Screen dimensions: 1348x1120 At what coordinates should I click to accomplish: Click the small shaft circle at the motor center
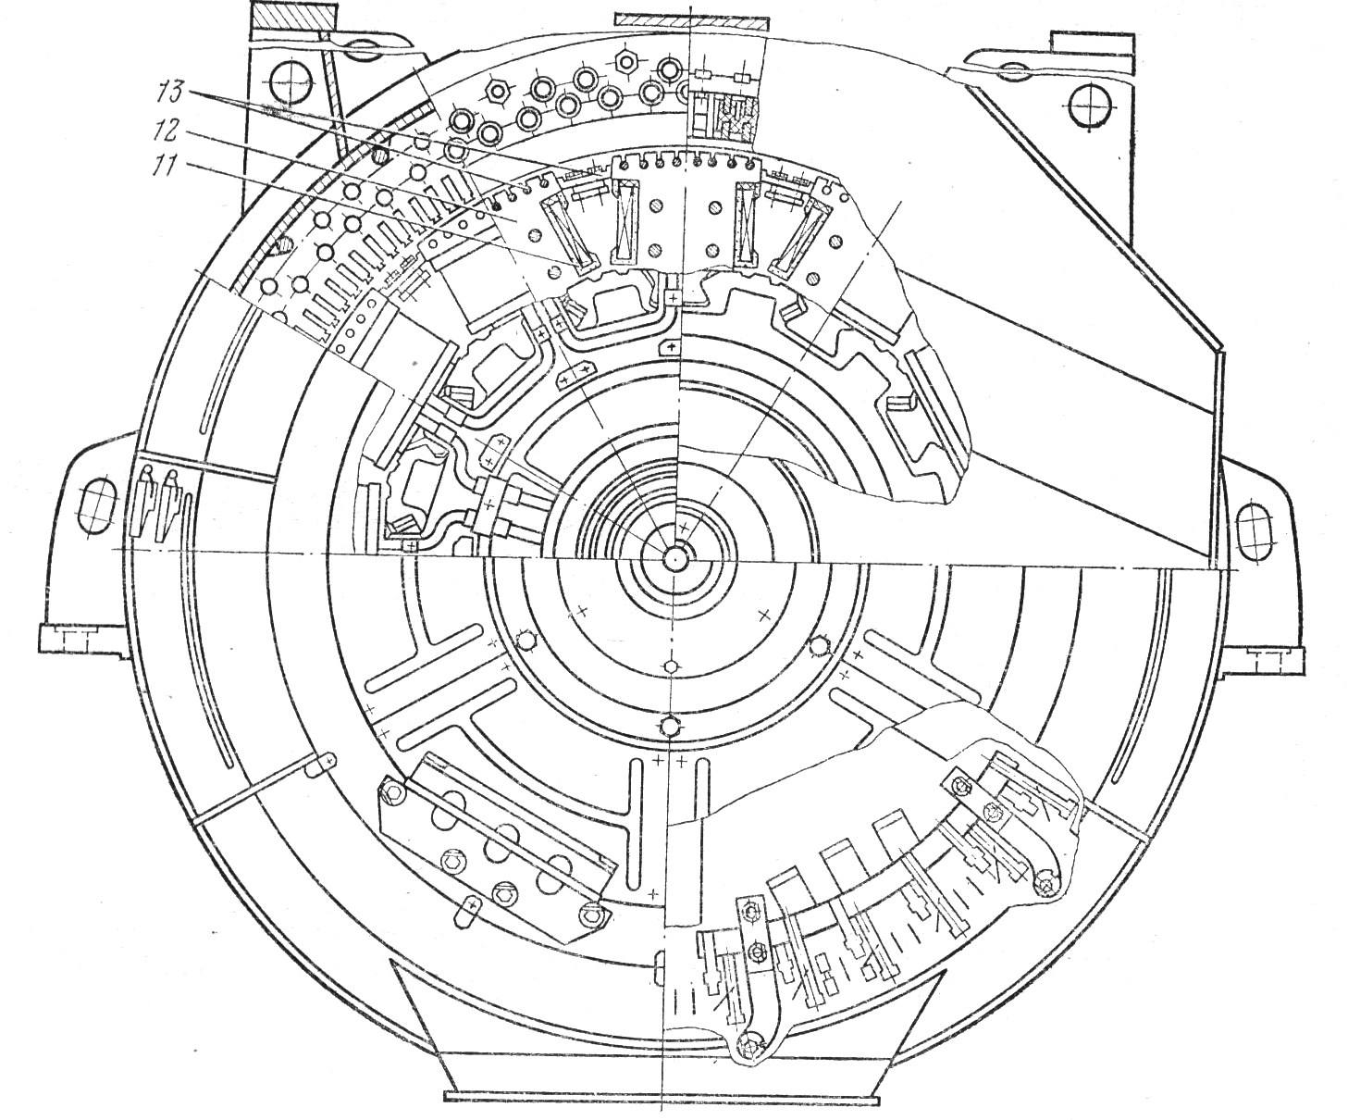674,557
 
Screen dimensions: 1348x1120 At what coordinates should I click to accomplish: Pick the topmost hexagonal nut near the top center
625,61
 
